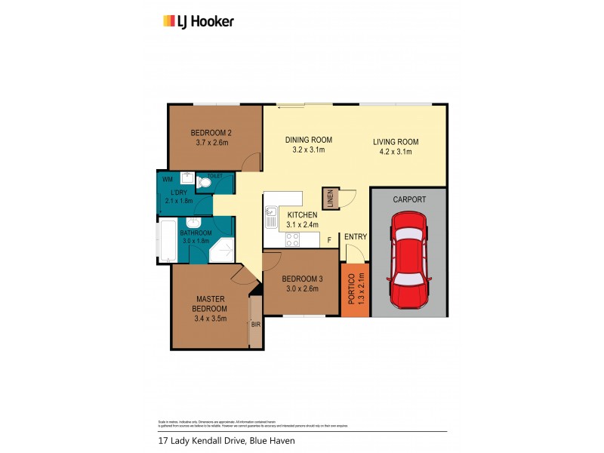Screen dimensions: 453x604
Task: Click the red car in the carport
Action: tap(408, 260)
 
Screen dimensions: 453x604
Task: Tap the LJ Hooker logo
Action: tap(199, 21)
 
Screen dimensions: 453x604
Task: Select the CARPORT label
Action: tap(409, 200)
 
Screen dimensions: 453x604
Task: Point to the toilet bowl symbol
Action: tap(203, 182)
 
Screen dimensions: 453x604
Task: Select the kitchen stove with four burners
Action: tap(292, 239)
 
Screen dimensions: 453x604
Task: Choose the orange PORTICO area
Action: tap(355, 289)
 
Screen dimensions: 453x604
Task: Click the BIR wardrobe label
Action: tap(255, 325)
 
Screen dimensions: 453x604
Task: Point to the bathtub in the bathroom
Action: tap(168, 240)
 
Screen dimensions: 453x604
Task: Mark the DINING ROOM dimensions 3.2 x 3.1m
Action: tap(308, 149)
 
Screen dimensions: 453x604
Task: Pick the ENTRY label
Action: tap(356, 237)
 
